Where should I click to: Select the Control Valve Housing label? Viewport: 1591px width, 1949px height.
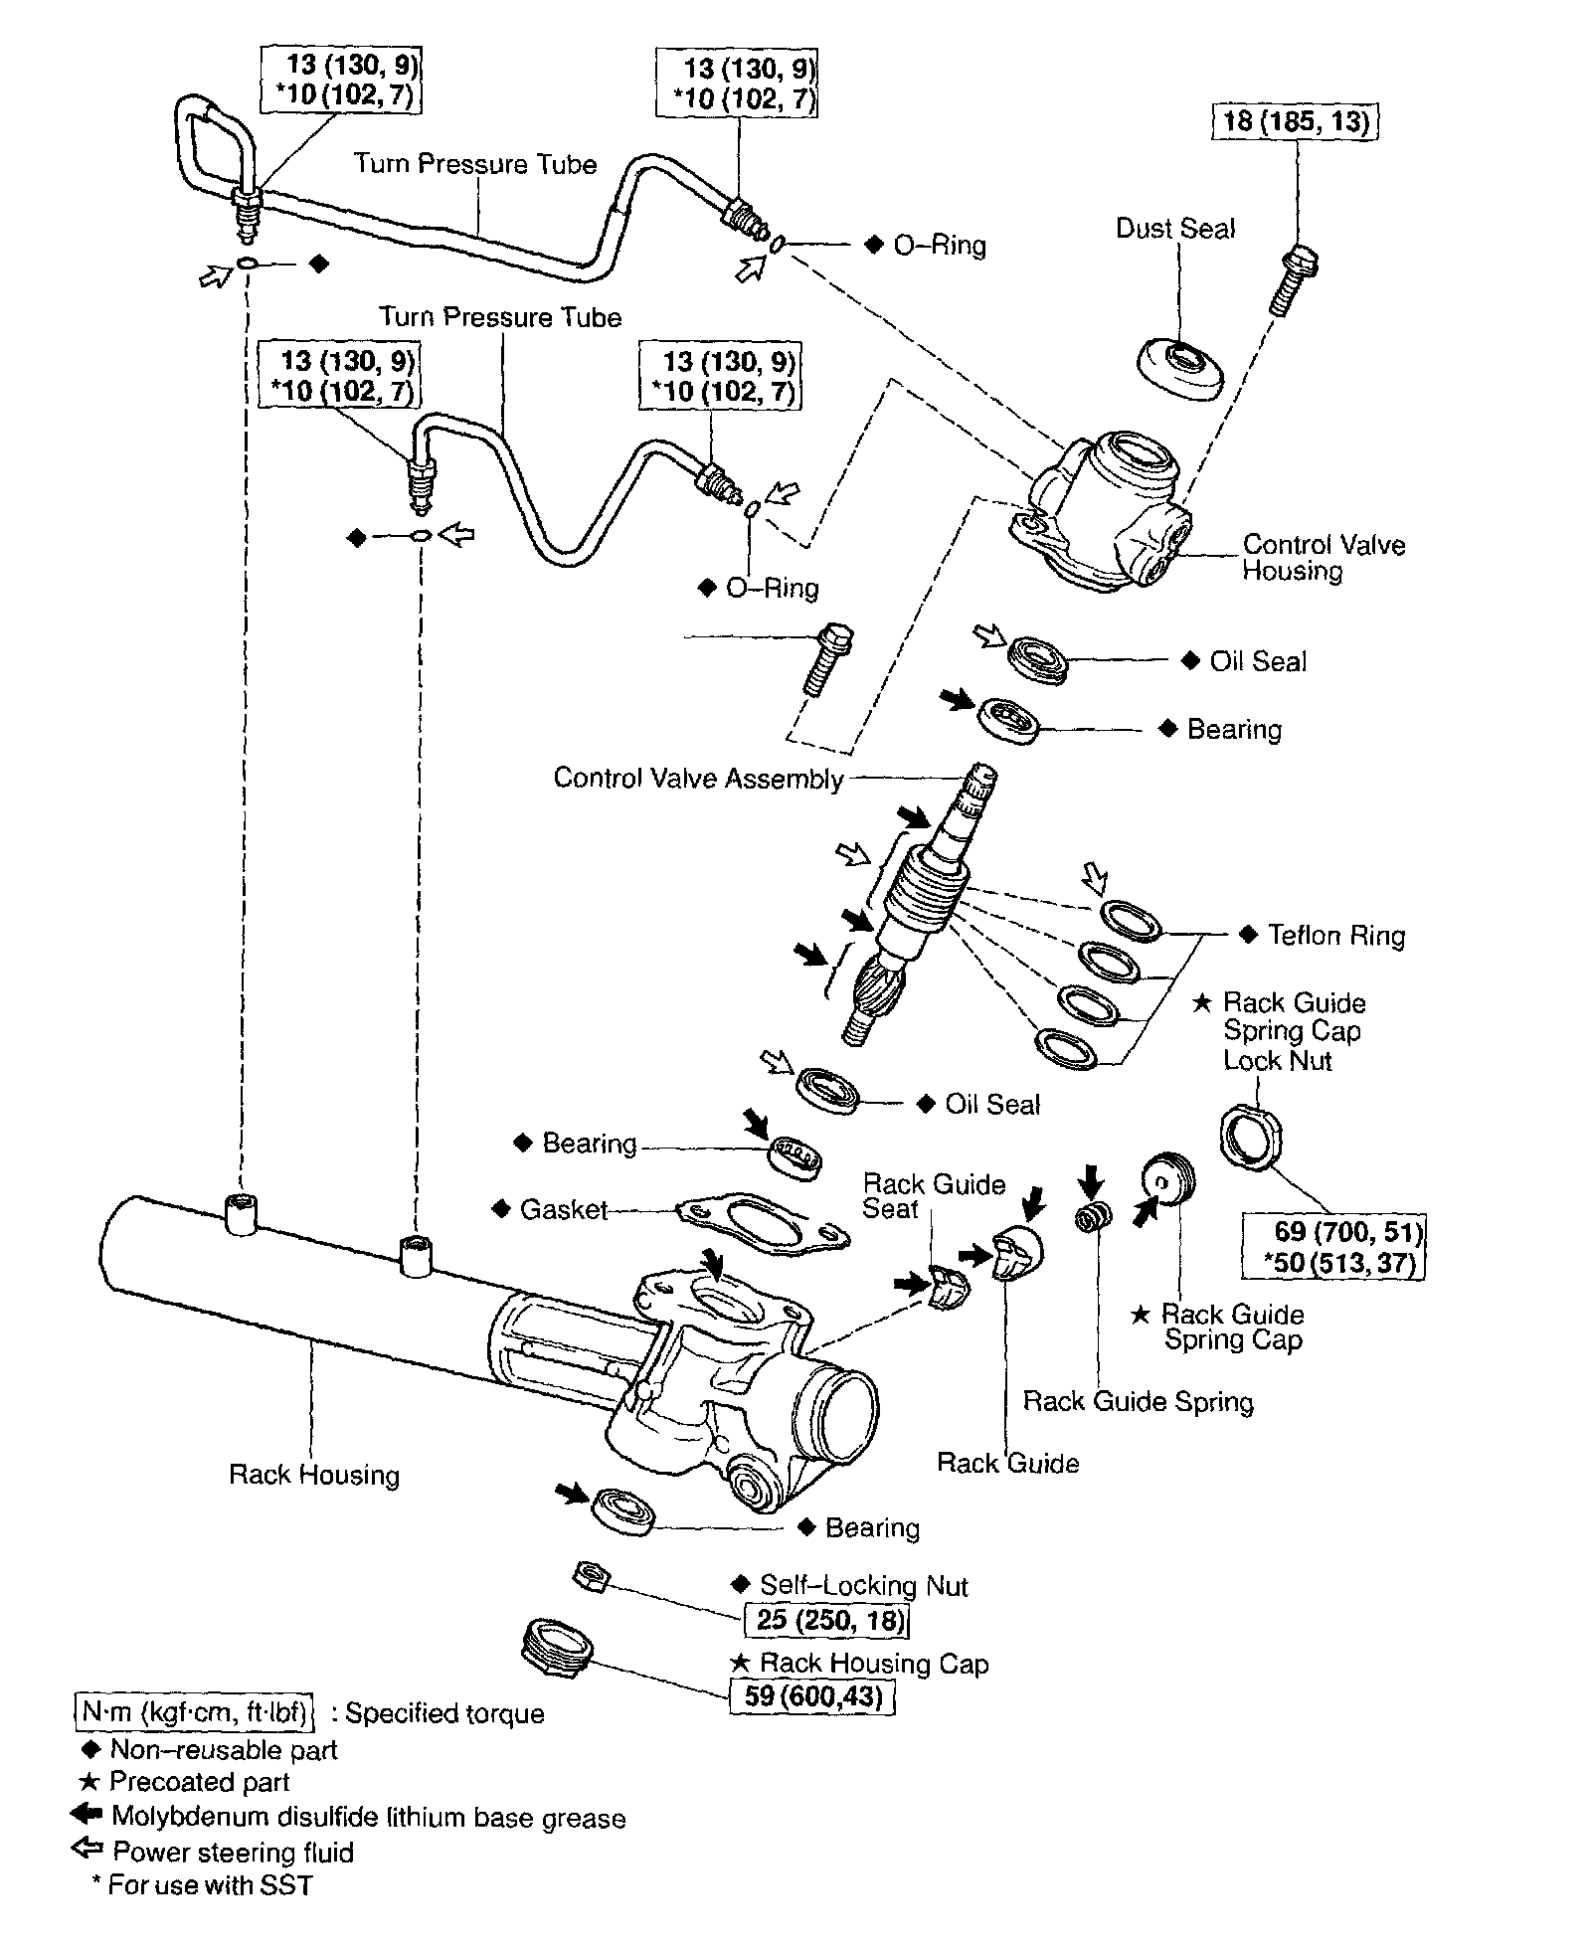pos(1324,558)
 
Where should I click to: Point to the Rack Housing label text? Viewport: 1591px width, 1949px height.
pos(314,1475)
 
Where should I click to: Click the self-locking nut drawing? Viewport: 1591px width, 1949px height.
pos(591,1577)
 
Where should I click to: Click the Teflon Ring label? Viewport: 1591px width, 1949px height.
pos(1336,936)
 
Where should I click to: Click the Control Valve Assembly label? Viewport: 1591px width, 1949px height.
pos(698,778)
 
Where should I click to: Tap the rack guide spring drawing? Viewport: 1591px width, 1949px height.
pos(1094,1216)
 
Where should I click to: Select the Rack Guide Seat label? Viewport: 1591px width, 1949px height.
pos(934,1196)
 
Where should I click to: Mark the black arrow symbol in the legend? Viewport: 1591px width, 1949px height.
pos(87,1814)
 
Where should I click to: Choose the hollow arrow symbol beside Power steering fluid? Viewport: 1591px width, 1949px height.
pos(87,1850)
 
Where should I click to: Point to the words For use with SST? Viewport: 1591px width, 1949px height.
pos(211,1884)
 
